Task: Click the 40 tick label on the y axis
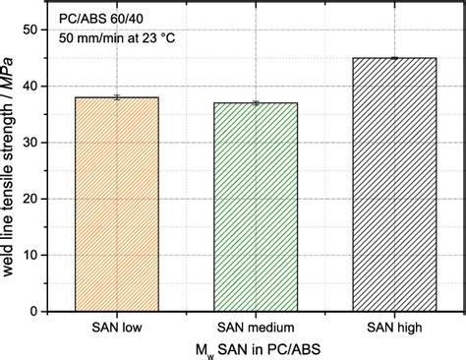[x=31, y=87]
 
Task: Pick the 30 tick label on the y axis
[x=31, y=143]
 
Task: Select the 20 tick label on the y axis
[x=31, y=199]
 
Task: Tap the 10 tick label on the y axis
[x=31, y=255]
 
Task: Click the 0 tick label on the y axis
[x=35, y=311]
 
